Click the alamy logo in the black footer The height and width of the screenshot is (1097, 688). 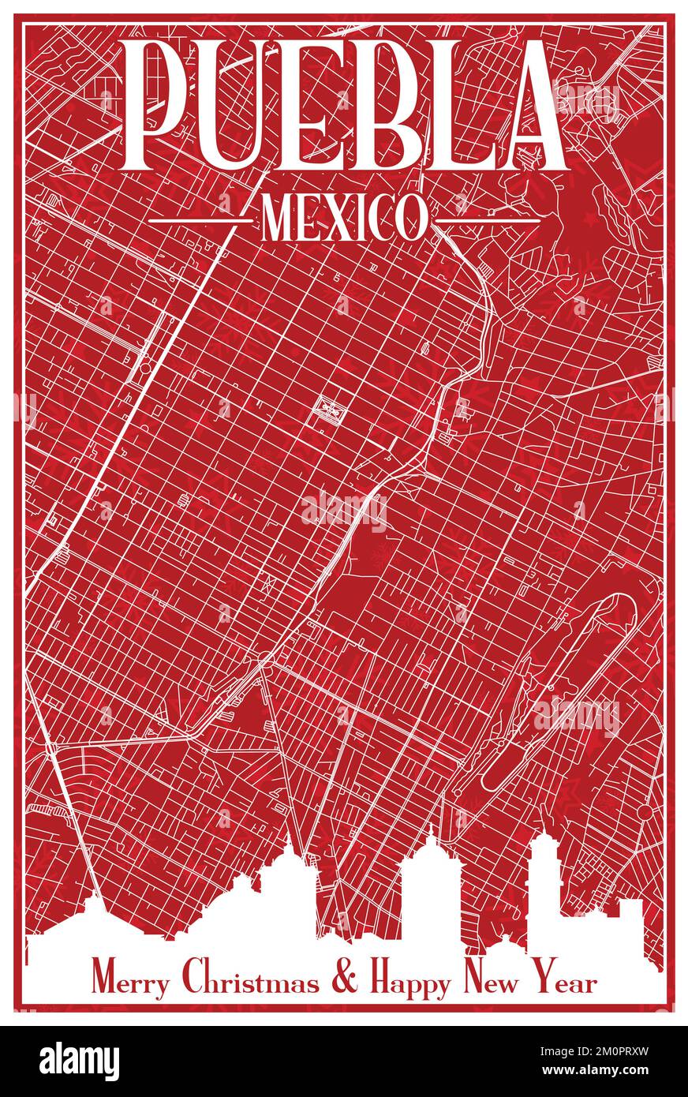(x=79, y=1061)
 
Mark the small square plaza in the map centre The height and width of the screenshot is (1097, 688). (x=326, y=408)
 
